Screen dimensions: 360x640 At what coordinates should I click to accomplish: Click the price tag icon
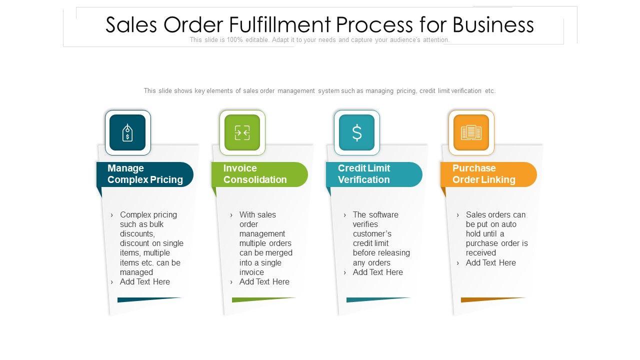pos(127,132)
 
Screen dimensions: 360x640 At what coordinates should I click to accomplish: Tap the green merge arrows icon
pos(242,132)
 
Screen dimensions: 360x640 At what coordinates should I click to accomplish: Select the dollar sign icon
pos(356,132)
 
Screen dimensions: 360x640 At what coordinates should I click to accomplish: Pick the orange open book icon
pos(471,132)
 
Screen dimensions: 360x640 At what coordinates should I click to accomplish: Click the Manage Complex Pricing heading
pos(145,174)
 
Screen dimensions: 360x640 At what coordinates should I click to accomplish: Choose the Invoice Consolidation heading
pos(255,174)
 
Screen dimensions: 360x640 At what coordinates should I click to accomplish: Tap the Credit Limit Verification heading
pos(364,174)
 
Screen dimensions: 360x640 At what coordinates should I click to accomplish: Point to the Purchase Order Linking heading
pos(483,174)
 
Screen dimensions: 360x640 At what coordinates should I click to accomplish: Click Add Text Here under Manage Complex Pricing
pos(145,282)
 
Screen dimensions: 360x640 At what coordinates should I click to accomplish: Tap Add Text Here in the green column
pos(264,282)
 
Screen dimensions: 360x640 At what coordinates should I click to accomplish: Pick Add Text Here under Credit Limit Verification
pos(378,272)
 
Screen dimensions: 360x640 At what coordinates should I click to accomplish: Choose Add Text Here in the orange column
pos(491,263)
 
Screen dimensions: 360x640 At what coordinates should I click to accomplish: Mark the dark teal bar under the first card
pos(149,299)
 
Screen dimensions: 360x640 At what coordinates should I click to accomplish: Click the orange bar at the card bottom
pos(492,299)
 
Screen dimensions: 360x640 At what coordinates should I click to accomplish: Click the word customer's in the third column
pos(372,234)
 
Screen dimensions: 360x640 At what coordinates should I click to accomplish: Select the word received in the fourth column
pos(481,253)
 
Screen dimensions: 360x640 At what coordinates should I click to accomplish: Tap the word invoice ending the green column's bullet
pos(251,272)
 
